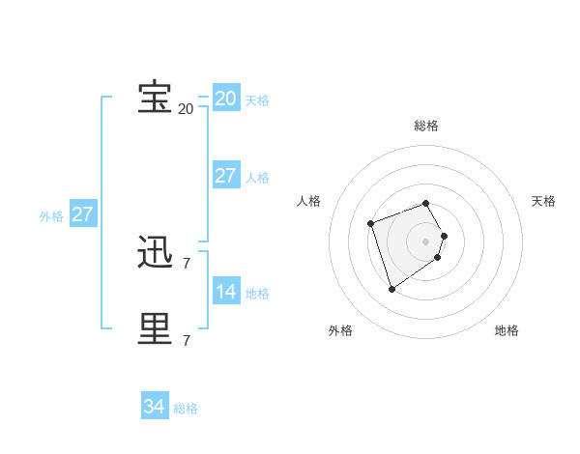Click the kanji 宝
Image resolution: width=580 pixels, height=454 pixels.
point(155,98)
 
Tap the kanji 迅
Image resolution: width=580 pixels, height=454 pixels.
point(155,252)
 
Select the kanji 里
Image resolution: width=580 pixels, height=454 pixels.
point(155,329)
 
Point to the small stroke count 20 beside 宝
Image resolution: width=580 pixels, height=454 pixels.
point(186,109)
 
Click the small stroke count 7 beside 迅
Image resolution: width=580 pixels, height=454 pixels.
point(186,263)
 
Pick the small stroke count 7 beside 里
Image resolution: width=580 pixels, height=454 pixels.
point(186,340)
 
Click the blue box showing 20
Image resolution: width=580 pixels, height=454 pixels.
point(225,99)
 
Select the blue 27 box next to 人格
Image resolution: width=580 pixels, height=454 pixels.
point(225,176)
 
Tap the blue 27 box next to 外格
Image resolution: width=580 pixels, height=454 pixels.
point(82,214)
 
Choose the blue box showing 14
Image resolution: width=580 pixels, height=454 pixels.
point(225,292)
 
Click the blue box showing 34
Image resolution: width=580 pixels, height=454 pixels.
point(154,407)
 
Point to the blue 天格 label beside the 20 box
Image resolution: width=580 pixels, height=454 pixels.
point(257,100)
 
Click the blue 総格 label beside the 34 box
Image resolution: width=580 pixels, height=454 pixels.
point(186,409)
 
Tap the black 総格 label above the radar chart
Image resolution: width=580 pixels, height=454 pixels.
point(426,126)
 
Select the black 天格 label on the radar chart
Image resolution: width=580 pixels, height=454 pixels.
point(543,201)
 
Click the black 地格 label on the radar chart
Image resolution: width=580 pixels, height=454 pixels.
point(507,330)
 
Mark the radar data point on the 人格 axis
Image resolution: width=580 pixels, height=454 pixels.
point(371,224)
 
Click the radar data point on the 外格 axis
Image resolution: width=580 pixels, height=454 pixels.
point(391,289)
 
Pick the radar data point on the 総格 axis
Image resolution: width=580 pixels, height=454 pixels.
point(426,203)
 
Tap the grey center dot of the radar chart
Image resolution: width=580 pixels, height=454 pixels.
point(426,241)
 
